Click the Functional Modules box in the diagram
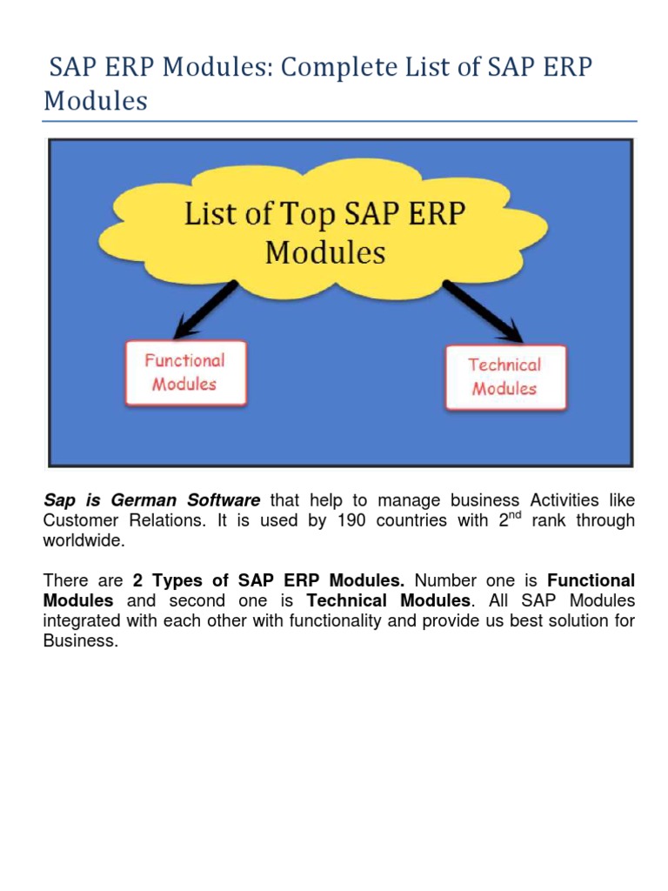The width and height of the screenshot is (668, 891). [185, 372]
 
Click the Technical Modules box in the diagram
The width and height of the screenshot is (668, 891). [505, 377]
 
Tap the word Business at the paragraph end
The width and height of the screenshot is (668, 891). [79, 641]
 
